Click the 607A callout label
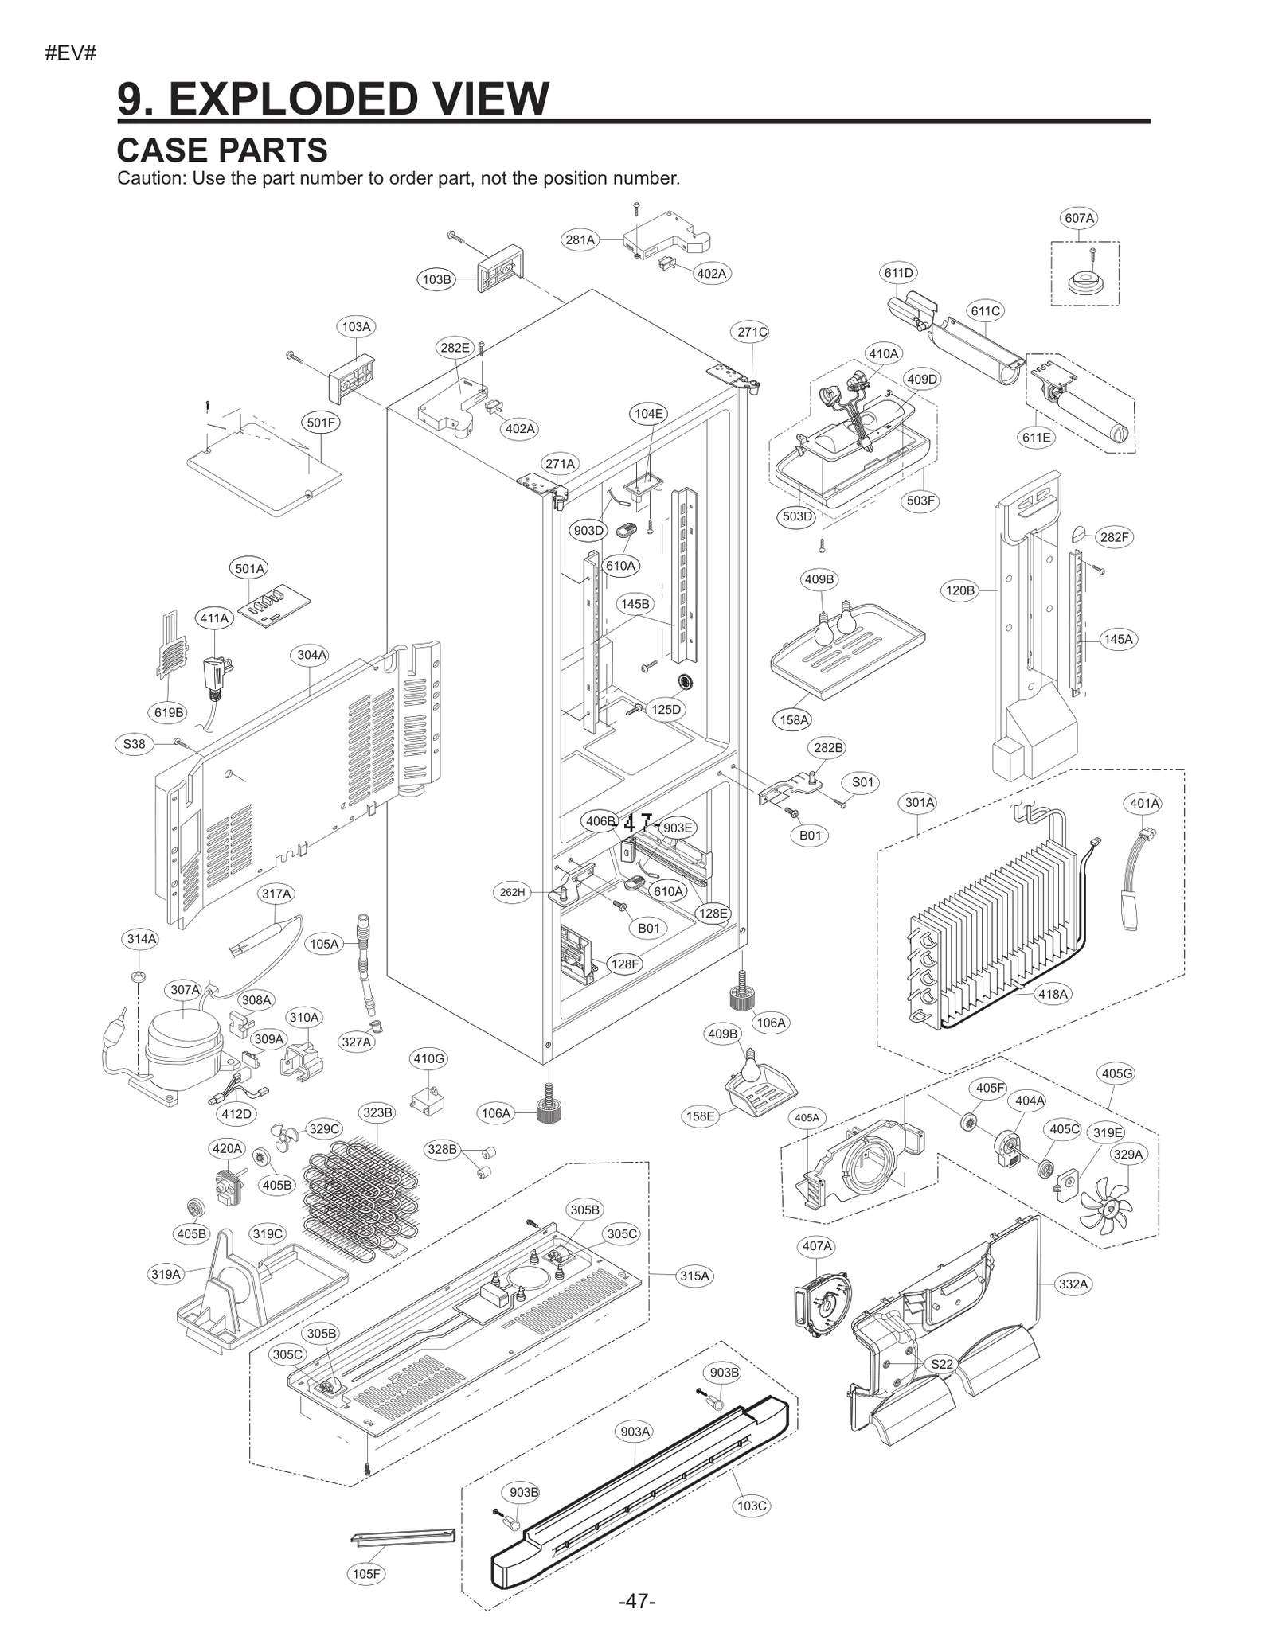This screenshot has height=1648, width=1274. (1080, 218)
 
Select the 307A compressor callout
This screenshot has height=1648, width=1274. (185, 990)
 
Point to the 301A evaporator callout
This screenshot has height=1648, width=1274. (920, 802)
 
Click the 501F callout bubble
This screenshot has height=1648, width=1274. (321, 423)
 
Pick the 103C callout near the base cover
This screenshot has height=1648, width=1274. (752, 1506)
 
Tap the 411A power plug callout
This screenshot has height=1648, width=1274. (214, 618)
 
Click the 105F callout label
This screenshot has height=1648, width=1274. (367, 1595)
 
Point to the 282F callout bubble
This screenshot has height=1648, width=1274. (1114, 537)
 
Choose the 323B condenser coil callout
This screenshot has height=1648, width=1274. (377, 1112)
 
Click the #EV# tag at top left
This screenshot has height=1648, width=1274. (71, 53)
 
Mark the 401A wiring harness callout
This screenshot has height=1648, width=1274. (1145, 804)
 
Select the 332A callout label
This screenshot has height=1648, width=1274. (1073, 1284)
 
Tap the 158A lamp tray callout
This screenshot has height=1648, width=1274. (794, 720)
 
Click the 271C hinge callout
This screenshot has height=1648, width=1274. (752, 333)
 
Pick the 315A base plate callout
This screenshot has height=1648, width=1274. (694, 1276)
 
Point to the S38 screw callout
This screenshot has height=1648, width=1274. (134, 744)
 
